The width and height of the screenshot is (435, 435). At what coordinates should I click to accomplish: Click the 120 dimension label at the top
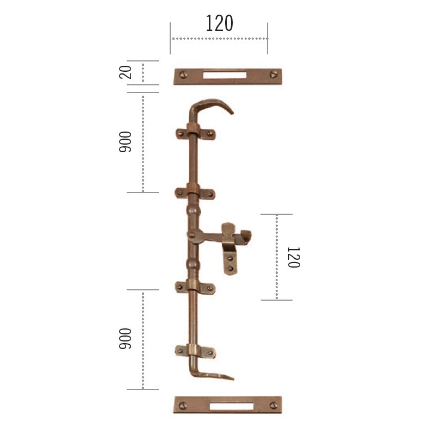[219, 23]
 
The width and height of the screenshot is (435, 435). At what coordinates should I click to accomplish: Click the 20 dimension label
[126, 72]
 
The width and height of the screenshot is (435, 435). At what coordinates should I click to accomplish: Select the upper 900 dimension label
[125, 142]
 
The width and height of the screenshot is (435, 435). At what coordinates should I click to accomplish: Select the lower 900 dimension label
[125, 338]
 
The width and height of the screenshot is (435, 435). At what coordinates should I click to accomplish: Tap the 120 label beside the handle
[294, 257]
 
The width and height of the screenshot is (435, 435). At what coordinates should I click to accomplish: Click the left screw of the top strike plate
[183, 74]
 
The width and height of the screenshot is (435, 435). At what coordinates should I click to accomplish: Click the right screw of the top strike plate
[274, 74]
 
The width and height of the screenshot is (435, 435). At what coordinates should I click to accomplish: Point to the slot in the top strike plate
[225, 75]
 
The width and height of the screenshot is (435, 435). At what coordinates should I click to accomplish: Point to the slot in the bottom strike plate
[232, 406]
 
